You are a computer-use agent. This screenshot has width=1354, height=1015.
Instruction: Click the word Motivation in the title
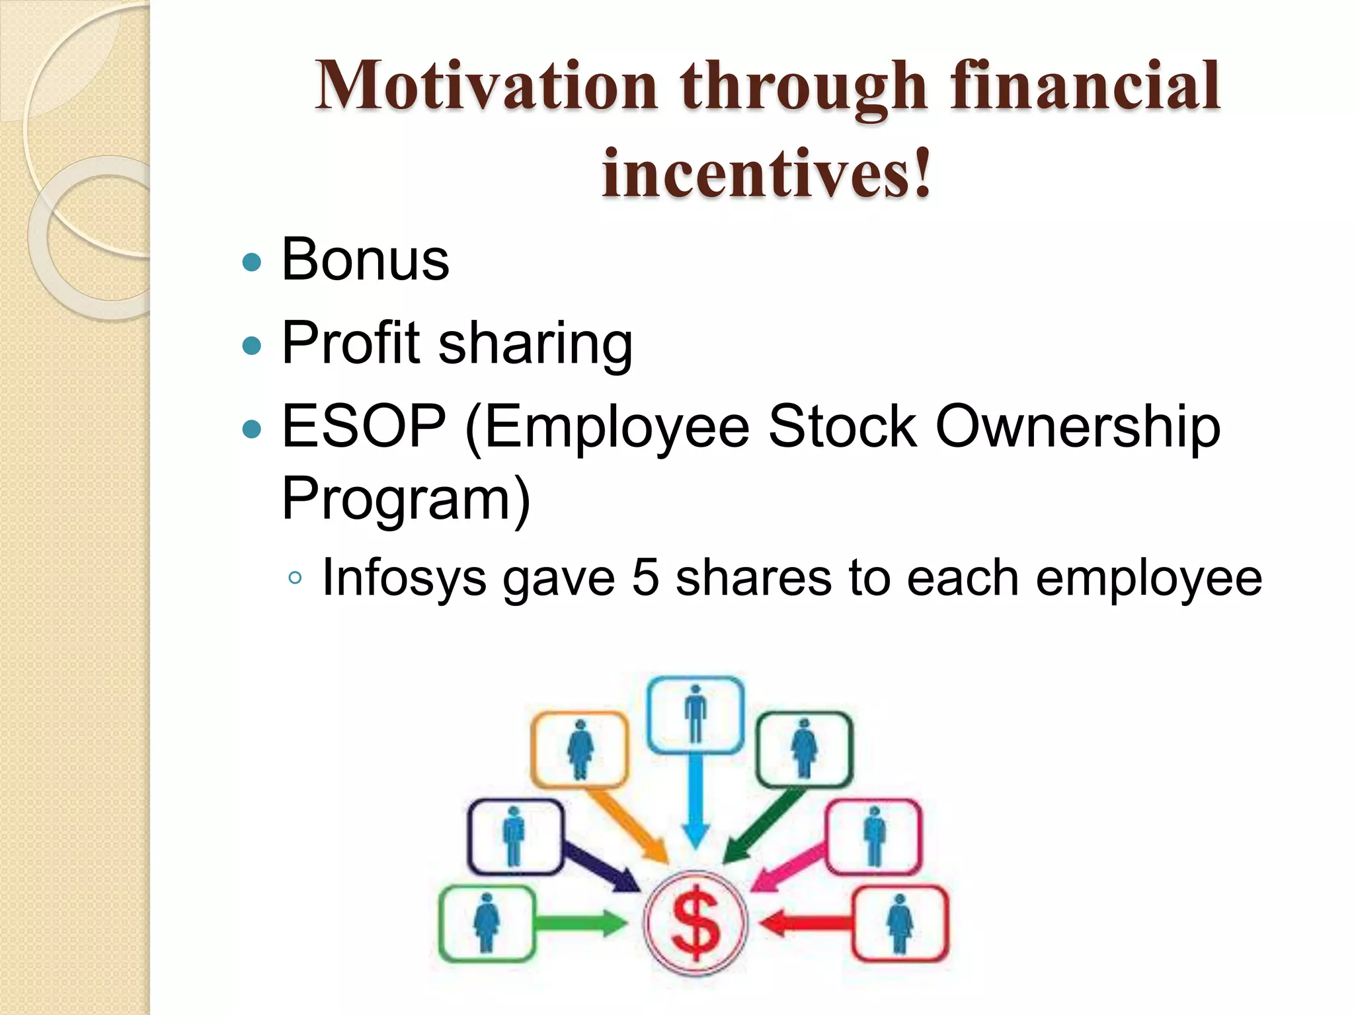pos(486,86)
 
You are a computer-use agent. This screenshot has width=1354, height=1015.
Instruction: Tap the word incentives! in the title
pos(767,173)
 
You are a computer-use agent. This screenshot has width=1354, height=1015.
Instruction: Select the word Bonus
pos(365,259)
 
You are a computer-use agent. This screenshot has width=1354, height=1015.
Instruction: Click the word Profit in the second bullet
pos(350,343)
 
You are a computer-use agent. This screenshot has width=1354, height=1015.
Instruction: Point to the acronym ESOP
pos(364,426)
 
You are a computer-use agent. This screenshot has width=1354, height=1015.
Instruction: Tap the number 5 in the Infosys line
pos(645,578)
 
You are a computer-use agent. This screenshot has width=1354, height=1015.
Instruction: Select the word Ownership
pos(1078,428)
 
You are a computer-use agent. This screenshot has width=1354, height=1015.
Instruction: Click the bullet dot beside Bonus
pos(252,262)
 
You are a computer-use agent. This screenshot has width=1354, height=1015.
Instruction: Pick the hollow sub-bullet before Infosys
pos(296,579)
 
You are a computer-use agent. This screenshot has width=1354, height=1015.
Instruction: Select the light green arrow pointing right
pos(580,922)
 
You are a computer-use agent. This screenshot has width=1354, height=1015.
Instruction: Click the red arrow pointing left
pos(807,923)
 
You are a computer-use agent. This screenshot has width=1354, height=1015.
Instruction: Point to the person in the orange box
pos(580,749)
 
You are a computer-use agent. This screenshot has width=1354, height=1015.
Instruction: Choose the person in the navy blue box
pos(514,836)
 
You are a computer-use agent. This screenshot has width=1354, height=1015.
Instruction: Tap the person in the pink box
pos(874,836)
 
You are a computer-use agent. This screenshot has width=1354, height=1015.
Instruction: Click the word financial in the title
pos(1084,86)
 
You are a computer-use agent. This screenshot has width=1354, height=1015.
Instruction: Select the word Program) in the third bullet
pos(405,499)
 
